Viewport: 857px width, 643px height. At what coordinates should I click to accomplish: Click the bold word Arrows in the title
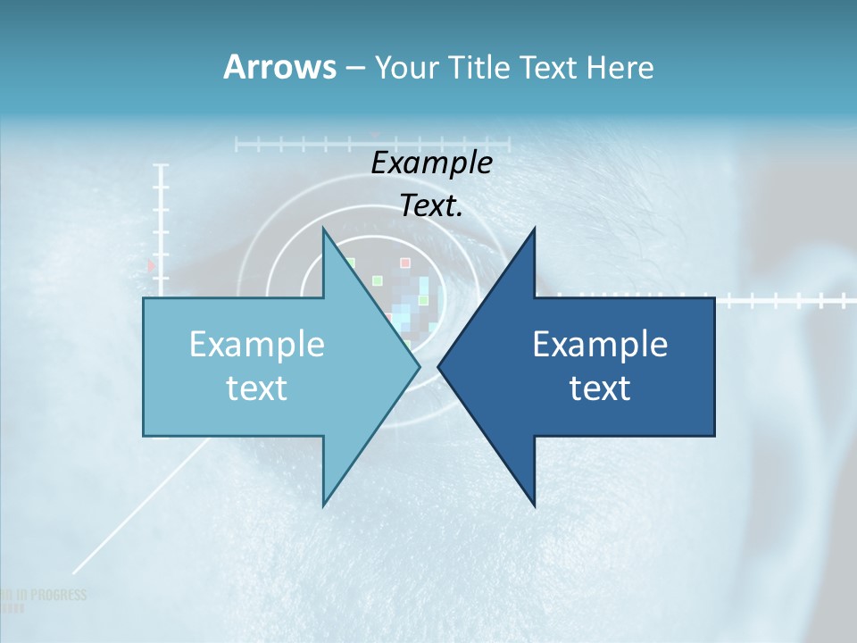(x=279, y=67)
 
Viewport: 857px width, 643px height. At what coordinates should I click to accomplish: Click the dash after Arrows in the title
(x=354, y=69)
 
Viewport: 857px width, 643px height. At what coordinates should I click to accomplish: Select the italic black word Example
(x=431, y=163)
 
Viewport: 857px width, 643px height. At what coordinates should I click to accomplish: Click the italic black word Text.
(x=431, y=205)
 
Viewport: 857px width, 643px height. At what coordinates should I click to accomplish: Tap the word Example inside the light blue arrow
(x=257, y=344)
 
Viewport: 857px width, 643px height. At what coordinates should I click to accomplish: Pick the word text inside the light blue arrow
(x=256, y=388)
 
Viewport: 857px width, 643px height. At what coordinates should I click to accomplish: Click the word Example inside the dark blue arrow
(x=600, y=344)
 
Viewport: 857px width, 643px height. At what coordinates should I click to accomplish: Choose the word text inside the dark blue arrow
(x=600, y=388)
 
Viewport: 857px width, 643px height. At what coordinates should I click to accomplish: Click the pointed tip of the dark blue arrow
(x=439, y=366)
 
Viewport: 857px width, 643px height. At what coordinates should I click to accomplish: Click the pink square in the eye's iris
(x=404, y=263)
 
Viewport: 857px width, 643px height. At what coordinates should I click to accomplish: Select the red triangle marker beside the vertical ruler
(x=151, y=265)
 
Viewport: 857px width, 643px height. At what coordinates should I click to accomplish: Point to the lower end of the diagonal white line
(x=74, y=572)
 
